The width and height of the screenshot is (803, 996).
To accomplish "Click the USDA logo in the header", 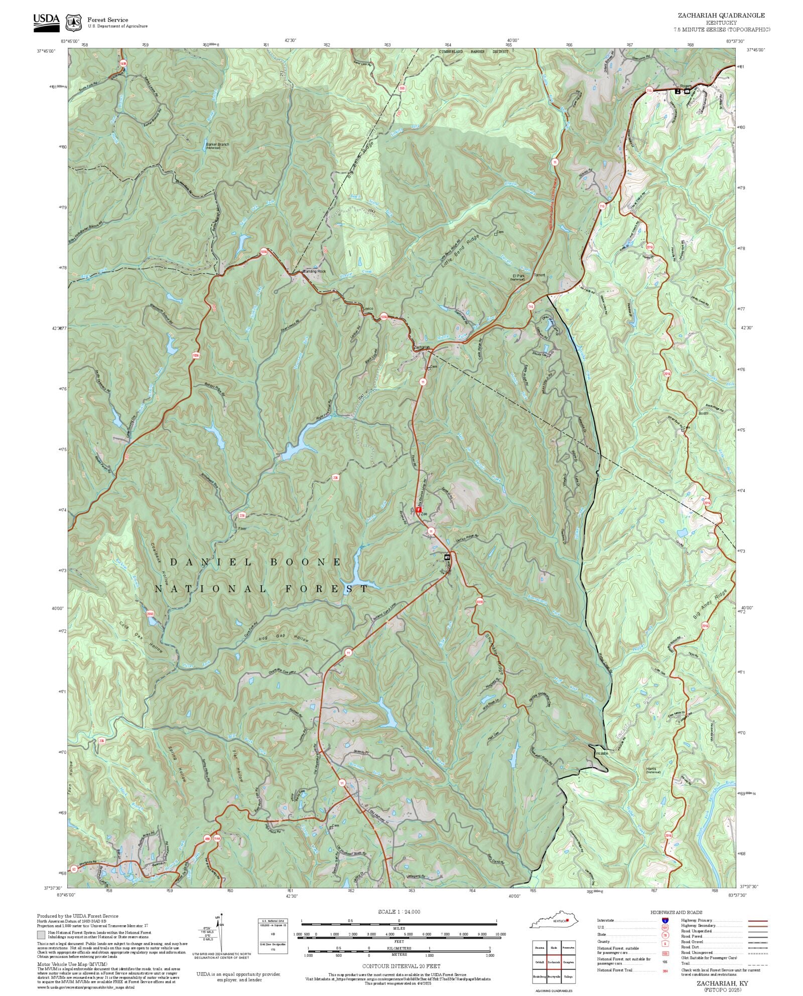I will [x=46, y=23].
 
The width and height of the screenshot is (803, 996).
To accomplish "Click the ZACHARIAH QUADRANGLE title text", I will [x=721, y=16].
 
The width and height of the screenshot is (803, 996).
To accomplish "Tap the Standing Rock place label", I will [x=314, y=271].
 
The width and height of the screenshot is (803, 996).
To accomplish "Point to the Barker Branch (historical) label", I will [x=217, y=145].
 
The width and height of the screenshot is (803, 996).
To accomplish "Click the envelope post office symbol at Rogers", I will [x=687, y=91].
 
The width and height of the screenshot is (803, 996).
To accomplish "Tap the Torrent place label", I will [x=539, y=275].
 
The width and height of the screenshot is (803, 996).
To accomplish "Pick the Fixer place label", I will [x=242, y=529].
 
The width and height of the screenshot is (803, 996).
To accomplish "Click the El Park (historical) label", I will [x=518, y=277].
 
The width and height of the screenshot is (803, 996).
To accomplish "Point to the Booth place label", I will [x=703, y=414].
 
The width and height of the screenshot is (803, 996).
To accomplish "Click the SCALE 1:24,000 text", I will [x=399, y=912].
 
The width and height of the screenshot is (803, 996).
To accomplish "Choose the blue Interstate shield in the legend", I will [x=665, y=921].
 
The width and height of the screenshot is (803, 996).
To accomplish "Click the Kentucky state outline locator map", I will [x=555, y=921].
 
